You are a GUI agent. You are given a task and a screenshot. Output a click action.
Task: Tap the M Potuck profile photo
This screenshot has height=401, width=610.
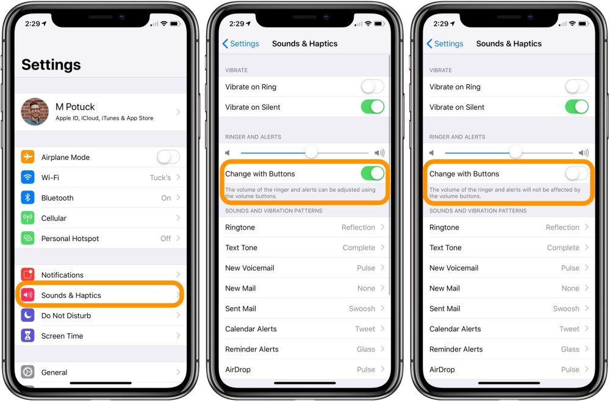click(35, 112)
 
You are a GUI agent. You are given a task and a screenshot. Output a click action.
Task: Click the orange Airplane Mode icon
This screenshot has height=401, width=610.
click(27, 157)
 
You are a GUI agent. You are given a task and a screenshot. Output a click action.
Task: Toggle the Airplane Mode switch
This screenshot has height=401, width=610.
click(168, 157)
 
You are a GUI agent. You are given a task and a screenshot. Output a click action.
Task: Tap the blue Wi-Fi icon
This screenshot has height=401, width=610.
click(27, 177)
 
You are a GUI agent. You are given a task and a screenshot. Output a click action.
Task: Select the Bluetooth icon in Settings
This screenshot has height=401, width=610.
click(27, 197)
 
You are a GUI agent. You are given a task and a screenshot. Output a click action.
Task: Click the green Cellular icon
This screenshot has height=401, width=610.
click(27, 218)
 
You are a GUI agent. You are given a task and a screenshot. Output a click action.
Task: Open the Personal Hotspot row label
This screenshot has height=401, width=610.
click(70, 238)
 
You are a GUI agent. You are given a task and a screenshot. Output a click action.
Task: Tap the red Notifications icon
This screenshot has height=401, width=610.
click(27, 275)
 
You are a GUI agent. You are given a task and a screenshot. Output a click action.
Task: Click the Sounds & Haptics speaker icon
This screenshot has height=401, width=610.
click(27, 295)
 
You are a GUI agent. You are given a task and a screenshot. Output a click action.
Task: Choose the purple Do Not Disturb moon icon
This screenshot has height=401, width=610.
click(27, 316)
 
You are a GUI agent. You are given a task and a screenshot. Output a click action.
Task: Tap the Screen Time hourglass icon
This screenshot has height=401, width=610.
click(27, 336)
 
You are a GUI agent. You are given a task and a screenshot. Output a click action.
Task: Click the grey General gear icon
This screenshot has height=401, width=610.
click(27, 372)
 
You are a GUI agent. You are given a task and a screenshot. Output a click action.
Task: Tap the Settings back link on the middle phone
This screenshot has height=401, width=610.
click(241, 43)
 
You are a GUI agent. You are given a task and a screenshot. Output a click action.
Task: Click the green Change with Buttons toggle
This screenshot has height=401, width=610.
click(373, 173)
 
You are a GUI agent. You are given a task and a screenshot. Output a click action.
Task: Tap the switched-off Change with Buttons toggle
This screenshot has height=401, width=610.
click(576, 173)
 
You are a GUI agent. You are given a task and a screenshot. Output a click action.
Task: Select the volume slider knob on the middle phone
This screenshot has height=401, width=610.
click(311, 152)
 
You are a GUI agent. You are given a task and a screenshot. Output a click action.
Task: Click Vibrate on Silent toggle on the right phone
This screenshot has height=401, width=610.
click(576, 107)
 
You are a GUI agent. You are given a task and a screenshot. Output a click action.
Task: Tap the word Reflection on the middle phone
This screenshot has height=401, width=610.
click(358, 228)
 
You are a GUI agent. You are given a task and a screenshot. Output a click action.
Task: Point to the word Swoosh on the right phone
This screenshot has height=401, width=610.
click(566, 308)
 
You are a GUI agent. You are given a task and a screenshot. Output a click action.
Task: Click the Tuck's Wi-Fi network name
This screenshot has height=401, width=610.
click(160, 178)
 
